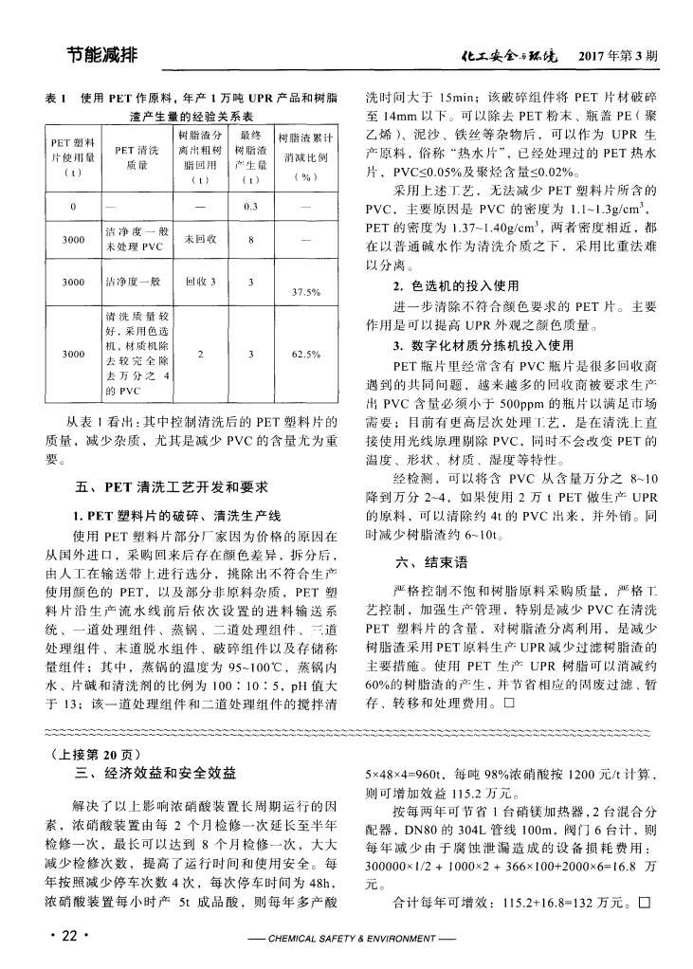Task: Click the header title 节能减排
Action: tap(101, 55)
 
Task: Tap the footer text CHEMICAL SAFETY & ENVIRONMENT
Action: tap(348, 940)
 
